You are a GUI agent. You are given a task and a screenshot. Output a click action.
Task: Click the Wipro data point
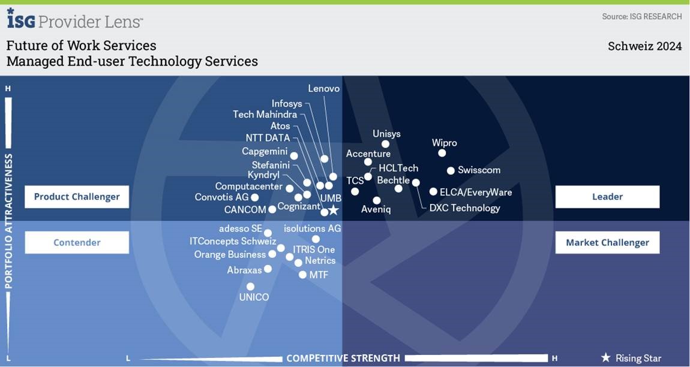[x=442, y=153]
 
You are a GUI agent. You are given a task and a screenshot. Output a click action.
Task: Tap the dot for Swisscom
[x=451, y=170]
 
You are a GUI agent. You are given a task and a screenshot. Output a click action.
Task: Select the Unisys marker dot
[x=385, y=144]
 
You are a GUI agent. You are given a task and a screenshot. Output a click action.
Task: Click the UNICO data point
[x=250, y=287]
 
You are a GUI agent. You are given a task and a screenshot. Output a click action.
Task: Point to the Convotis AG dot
[x=254, y=197]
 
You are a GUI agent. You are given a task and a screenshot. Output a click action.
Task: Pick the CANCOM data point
[x=272, y=209]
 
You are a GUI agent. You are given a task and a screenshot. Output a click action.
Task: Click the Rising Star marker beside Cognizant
[x=334, y=210]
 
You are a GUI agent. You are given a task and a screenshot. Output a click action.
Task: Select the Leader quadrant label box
[x=607, y=197]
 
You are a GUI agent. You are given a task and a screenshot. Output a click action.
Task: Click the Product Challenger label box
[x=77, y=197]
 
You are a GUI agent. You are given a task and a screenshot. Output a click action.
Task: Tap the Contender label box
[x=77, y=242]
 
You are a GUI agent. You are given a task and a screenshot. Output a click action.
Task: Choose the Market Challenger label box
[x=607, y=242]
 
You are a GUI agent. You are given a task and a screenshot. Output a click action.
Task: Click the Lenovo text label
[x=324, y=89]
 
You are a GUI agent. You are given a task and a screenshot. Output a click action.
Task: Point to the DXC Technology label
[x=464, y=208]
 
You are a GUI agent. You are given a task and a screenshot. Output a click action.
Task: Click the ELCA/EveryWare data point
[x=433, y=191]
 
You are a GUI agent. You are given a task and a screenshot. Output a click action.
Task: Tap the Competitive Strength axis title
[x=343, y=358]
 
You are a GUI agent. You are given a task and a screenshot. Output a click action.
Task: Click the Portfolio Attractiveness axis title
[x=9, y=221]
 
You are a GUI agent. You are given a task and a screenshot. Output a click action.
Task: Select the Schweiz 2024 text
[x=644, y=46]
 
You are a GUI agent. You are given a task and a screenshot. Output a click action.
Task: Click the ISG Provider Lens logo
[x=75, y=19]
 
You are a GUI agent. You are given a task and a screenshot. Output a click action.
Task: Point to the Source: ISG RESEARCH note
[x=642, y=16]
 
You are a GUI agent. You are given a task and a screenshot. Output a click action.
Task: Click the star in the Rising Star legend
[x=606, y=358]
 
